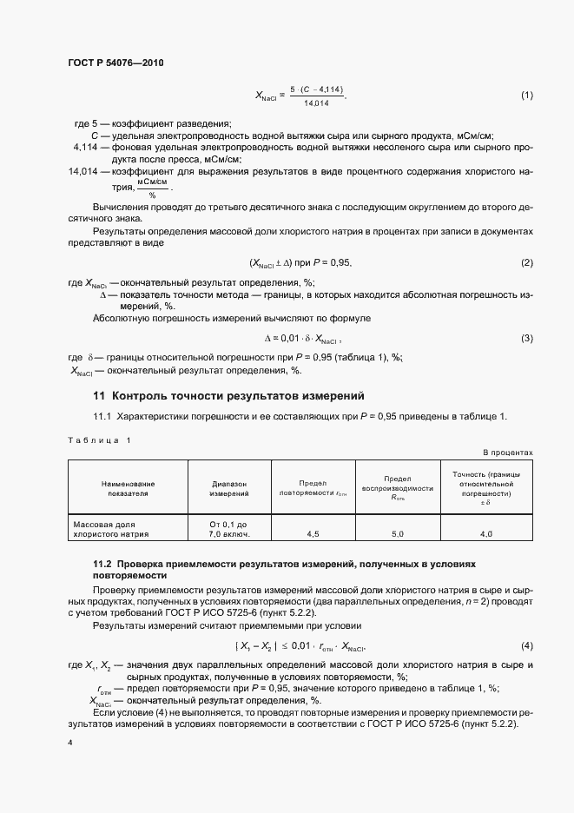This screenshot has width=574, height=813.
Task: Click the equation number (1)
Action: (526, 96)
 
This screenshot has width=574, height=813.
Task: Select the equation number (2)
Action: (526, 263)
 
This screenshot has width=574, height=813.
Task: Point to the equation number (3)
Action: (526, 338)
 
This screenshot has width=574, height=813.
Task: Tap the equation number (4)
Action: (526, 646)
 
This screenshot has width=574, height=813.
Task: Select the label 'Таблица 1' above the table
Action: (99, 440)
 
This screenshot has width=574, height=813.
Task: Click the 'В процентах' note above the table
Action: (508, 453)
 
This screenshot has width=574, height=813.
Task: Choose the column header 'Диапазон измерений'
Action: (229, 487)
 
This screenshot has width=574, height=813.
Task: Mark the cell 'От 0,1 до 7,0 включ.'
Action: (229, 530)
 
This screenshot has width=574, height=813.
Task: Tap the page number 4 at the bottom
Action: (69, 743)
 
